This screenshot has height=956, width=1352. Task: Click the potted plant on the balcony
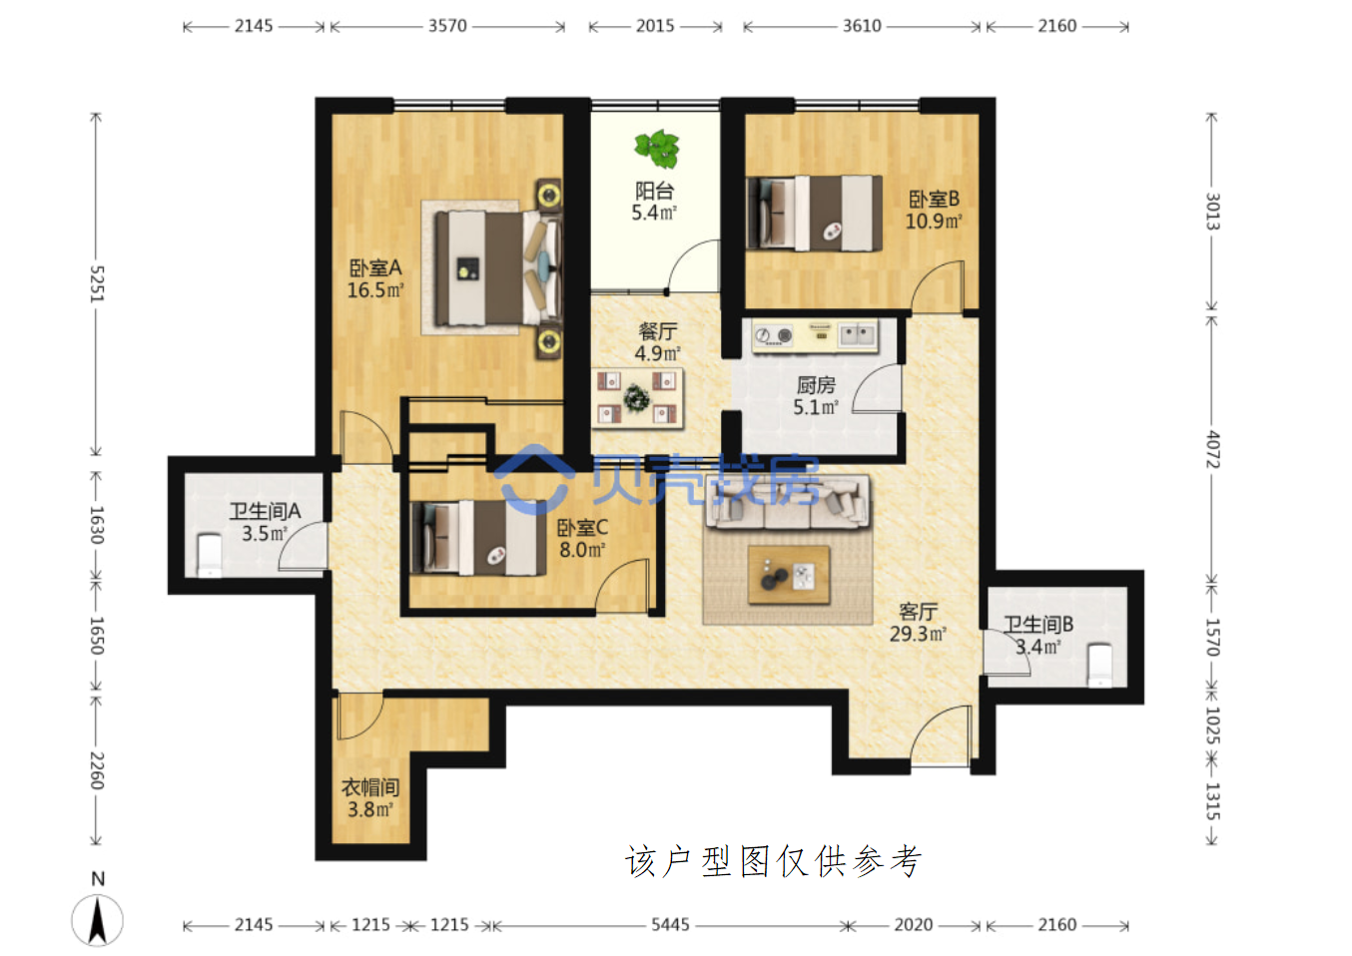tap(657, 149)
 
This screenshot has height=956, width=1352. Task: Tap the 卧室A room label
tap(374, 267)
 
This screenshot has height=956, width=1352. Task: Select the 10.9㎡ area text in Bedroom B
tap(934, 222)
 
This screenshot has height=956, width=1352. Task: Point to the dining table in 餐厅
tap(637, 398)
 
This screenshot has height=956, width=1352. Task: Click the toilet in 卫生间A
tap(209, 554)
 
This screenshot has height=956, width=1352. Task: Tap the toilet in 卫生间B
tap(1099, 665)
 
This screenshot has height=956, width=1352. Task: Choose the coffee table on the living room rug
tap(789, 575)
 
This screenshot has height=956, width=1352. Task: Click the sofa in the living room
tap(788, 502)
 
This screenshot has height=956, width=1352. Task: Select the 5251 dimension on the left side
tap(97, 283)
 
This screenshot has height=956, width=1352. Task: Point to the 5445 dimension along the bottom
tap(670, 925)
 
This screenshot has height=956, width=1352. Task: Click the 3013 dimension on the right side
tap(1212, 212)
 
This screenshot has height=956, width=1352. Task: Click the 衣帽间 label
tap(370, 787)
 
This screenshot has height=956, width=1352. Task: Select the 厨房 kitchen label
tap(816, 385)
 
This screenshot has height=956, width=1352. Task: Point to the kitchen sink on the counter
tap(857, 334)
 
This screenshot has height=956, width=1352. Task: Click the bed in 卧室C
tap(478, 538)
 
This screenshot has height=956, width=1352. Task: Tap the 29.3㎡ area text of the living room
tap(918, 634)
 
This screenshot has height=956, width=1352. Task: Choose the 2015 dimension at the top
tap(655, 26)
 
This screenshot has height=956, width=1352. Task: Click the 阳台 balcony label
tap(654, 192)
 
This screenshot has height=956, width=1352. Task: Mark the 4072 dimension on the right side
tap(1212, 449)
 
